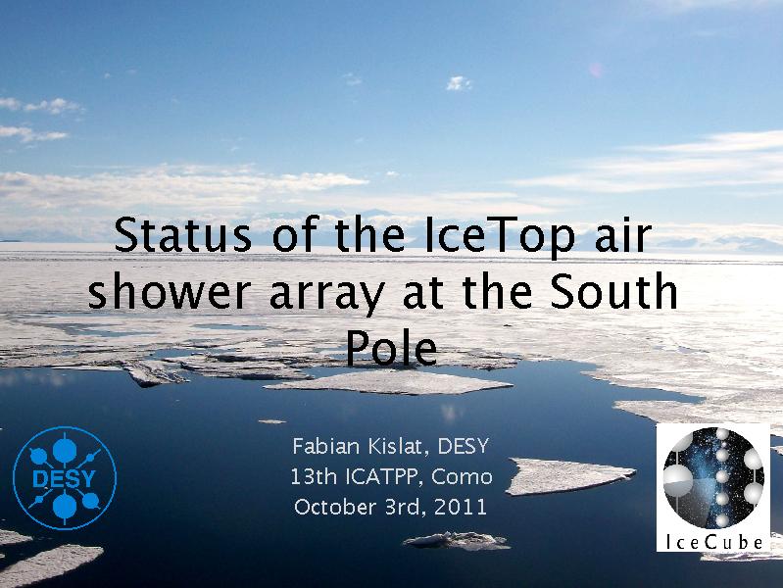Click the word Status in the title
tap(183, 234)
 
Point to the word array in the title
tap(327, 295)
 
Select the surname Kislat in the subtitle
tap(398, 447)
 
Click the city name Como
tap(462, 476)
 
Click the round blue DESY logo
tap(65, 478)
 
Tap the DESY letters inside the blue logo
tap(64, 479)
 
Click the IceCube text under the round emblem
tap(714, 542)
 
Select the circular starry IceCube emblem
tap(713, 477)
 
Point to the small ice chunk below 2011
tap(457, 541)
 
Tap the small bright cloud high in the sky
tap(459, 83)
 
